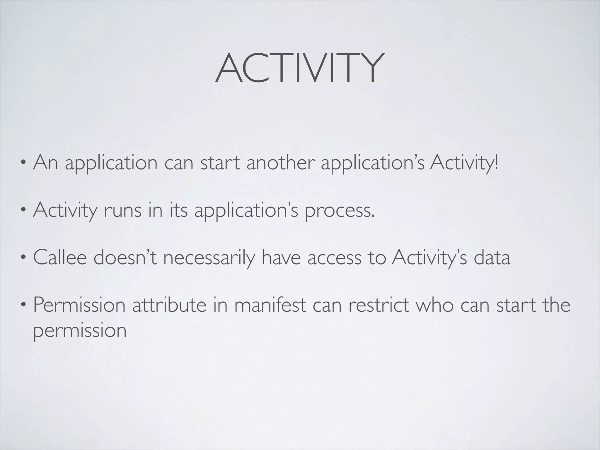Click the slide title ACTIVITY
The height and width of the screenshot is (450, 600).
coord(299,69)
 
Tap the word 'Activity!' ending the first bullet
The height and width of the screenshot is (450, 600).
coord(464,163)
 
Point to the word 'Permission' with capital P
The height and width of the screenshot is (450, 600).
coord(79,305)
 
